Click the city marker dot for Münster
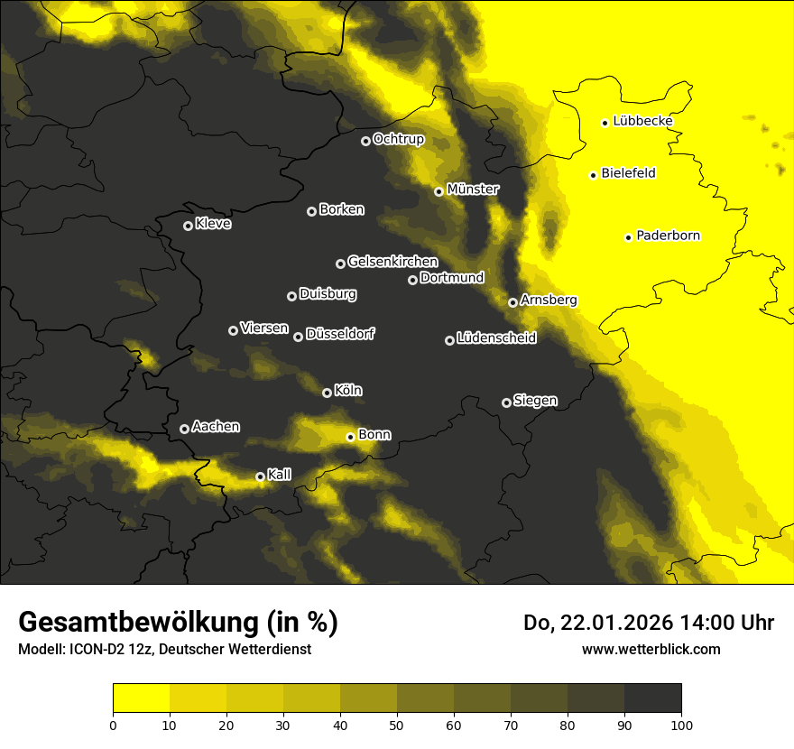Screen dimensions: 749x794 point(439,191)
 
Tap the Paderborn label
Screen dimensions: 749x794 point(668,236)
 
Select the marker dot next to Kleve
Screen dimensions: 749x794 point(188,226)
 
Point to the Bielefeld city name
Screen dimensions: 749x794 point(628,173)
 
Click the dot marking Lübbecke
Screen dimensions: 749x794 point(605,123)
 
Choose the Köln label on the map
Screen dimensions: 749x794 point(348,391)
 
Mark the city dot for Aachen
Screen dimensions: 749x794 point(184,429)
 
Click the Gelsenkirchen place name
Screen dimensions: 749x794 point(392,262)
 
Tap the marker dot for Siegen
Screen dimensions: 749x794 point(506,402)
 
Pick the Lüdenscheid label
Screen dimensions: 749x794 point(496,338)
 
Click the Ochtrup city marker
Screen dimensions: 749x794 point(365,141)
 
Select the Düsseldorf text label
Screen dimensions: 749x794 point(340,334)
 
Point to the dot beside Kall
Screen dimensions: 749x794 point(260,476)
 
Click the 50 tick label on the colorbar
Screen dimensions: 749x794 point(397,724)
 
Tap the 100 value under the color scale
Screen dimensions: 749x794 point(681,724)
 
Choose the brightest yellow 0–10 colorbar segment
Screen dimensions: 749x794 point(142,698)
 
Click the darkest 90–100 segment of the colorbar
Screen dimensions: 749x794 point(652,698)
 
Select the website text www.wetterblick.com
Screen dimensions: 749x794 point(651,649)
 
